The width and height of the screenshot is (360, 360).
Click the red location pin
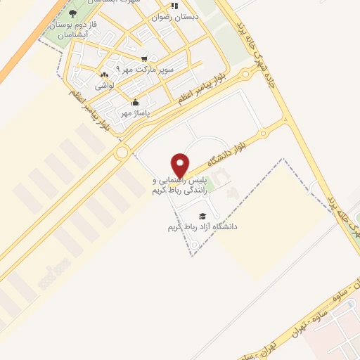(181, 165)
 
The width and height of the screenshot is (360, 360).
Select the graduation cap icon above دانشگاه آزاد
(202, 216)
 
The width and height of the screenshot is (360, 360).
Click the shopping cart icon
(144, 59)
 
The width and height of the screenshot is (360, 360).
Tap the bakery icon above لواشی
(104, 75)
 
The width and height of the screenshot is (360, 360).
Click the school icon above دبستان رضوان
(173, 5)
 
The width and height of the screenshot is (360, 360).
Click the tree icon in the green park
(73, 13)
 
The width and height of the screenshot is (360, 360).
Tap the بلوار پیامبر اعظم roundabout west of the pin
(122, 152)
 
